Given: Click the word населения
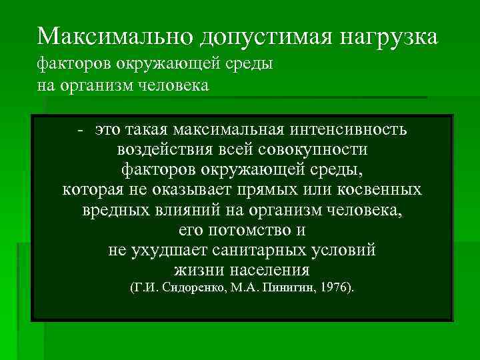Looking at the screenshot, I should coord(269,271).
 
